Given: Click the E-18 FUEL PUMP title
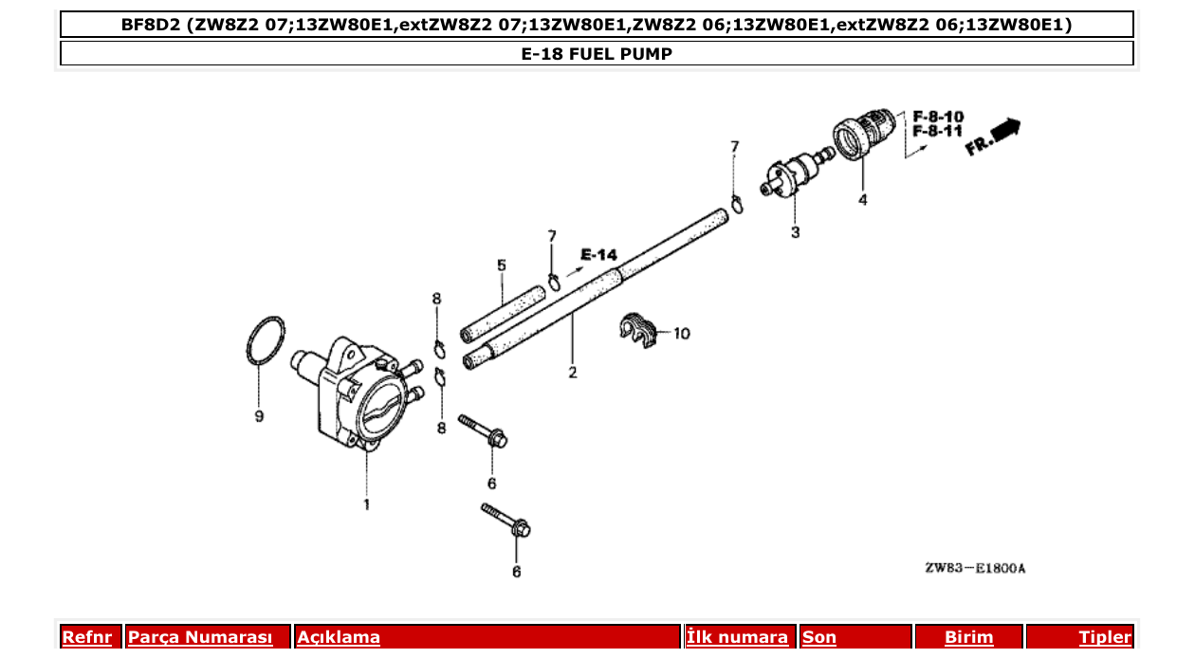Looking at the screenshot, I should click(597, 54).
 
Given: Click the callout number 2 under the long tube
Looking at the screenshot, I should click(573, 373).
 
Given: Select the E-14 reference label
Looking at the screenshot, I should click(598, 254).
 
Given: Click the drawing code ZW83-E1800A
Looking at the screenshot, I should click(975, 569).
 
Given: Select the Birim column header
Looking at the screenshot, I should click(968, 637).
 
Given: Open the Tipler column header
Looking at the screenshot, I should click(1104, 637).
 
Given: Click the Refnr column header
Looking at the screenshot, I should click(86, 637).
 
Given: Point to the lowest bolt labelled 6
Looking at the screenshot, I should click(506, 521).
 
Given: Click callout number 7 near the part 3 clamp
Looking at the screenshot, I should click(734, 147).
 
